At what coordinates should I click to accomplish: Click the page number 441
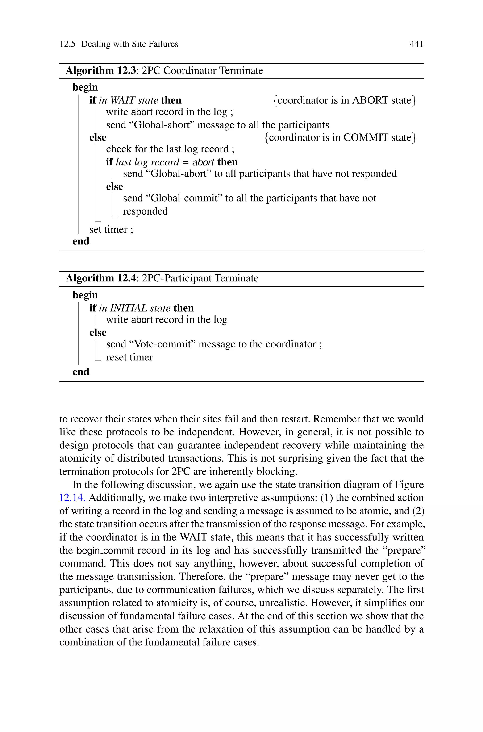pyautogui.click(x=416, y=44)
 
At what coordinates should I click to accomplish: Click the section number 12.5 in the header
pyautogui.click(x=67, y=44)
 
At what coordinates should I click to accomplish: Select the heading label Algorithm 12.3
pyautogui.click(x=101, y=71)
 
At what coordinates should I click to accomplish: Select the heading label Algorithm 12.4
pyautogui.click(x=101, y=278)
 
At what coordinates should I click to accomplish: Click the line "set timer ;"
pyautogui.click(x=111, y=230)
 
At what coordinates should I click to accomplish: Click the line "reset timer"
pyautogui.click(x=129, y=357)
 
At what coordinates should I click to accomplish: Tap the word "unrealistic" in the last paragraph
pyautogui.click(x=283, y=603)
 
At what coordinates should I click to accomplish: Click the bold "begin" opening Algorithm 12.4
pyautogui.click(x=85, y=295)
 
